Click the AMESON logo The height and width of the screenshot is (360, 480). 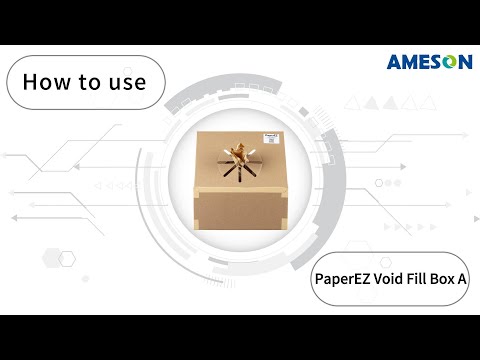click(x=429, y=62)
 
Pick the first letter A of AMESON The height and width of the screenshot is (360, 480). click(x=394, y=62)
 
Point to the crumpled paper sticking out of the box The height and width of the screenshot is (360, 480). click(x=241, y=155)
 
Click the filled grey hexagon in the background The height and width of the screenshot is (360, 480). click(x=44, y=259)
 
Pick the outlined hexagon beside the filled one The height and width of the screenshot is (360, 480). click(x=67, y=259)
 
